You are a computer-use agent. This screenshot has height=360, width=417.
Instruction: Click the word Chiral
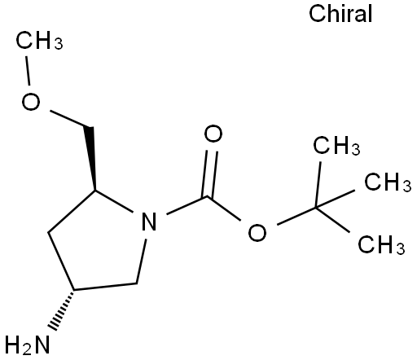[x=340, y=14]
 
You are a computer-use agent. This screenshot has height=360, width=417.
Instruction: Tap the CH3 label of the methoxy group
[x=39, y=41]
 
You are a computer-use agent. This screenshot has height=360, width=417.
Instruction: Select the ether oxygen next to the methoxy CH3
[x=31, y=101]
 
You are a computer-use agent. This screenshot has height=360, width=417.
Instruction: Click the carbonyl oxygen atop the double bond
[x=213, y=134]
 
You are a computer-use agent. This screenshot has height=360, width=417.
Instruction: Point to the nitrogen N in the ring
[x=149, y=222]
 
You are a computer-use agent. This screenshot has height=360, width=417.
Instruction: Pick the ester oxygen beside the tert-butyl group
[x=257, y=233]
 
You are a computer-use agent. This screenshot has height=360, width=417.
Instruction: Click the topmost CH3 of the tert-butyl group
[x=336, y=146]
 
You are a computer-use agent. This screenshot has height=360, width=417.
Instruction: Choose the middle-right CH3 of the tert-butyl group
[x=388, y=182]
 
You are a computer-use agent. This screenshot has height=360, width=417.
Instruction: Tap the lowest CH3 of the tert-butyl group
[x=381, y=244]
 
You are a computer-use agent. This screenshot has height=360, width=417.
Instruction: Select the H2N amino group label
[x=28, y=345]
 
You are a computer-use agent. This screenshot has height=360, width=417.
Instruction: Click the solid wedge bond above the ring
[x=91, y=158]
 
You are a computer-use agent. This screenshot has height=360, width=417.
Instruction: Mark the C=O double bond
[x=209, y=173]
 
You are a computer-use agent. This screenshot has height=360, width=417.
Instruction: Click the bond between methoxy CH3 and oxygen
[x=28, y=71]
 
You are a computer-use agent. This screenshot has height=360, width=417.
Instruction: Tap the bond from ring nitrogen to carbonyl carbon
[x=187, y=205]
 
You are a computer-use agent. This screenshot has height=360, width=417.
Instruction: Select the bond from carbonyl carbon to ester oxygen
[x=224, y=209]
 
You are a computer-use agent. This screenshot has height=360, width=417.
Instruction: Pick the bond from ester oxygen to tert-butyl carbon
[x=296, y=217]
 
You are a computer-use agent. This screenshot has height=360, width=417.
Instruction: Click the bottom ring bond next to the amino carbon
[x=105, y=287]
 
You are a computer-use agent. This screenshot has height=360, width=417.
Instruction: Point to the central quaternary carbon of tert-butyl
[x=316, y=208]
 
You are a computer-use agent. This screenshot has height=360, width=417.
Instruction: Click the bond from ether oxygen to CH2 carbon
[x=70, y=119]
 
